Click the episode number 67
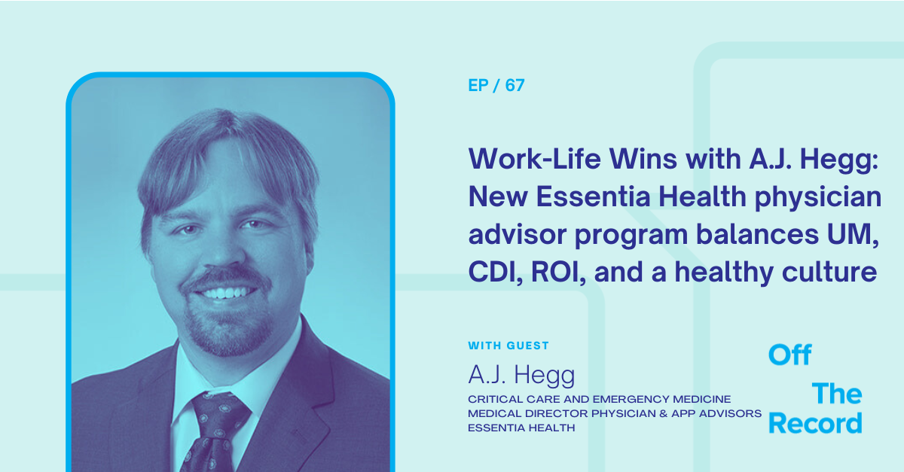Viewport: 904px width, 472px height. (x=515, y=85)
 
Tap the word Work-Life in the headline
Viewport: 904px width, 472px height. (x=534, y=159)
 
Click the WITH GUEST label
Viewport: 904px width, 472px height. (x=508, y=346)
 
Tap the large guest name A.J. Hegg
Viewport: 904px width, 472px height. (x=521, y=376)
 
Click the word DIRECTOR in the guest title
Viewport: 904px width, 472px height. (x=557, y=413)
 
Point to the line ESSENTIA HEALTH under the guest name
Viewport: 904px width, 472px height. (x=521, y=428)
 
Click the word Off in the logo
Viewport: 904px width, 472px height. (x=789, y=355)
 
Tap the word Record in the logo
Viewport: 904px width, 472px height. (x=815, y=423)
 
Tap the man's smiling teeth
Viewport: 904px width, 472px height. (x=226, y=293)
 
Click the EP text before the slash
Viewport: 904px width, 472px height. (x=478, y=85)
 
